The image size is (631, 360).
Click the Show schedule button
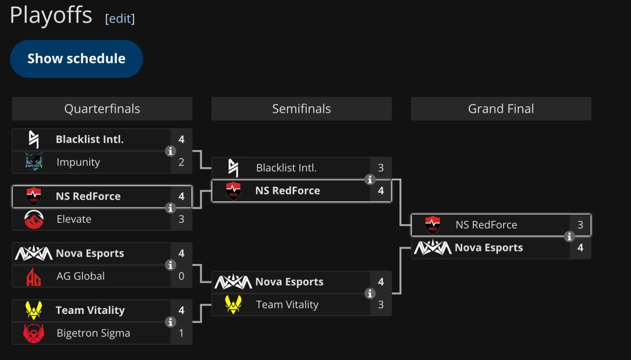pyautogui.click(x=76, y=59)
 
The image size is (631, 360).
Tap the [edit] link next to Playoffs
pyautogui.click(x=120, y=19)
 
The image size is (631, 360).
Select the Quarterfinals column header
pyautogui.click(x=102, y=109)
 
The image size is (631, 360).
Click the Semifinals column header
pyautogui.click(x=301, y=109)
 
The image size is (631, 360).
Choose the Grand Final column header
pyautogui.click(x=501, y=109)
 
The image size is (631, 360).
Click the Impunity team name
pyautogui.click(x=78, y=162)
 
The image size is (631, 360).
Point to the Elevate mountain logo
pyautogui.click(x=34, y=219)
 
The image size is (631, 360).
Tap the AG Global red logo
pyautogui.click(x=34, y=276)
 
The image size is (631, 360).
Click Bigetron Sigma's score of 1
pyautogui.click(x=181, y=333)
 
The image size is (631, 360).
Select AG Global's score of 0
pyautogui.click(x=181, y=276)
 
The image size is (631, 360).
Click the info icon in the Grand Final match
pyautogui.click(x=569, y=236)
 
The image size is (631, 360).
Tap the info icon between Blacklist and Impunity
pyautogui.click(x=170, y=151)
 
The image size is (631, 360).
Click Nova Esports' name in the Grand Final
pyautogui.click(x=489, y=248)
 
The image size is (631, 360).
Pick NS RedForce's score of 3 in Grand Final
pyautogui.click(x=580, y=225)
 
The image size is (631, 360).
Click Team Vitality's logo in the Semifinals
pyautogui.click(x=233, y=304)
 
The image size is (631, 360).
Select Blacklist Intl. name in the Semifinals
pyautogui.click(x=286, y=168)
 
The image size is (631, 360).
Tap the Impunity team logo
pyautogui.click(x=34, y=162)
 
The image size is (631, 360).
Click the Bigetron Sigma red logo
pyautogui.click(x=34, y=333)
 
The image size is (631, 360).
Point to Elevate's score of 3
pyautogui.click(x=181, y=219)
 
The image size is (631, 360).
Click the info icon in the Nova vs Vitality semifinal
pyautogui.click(x=370, y=293)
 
